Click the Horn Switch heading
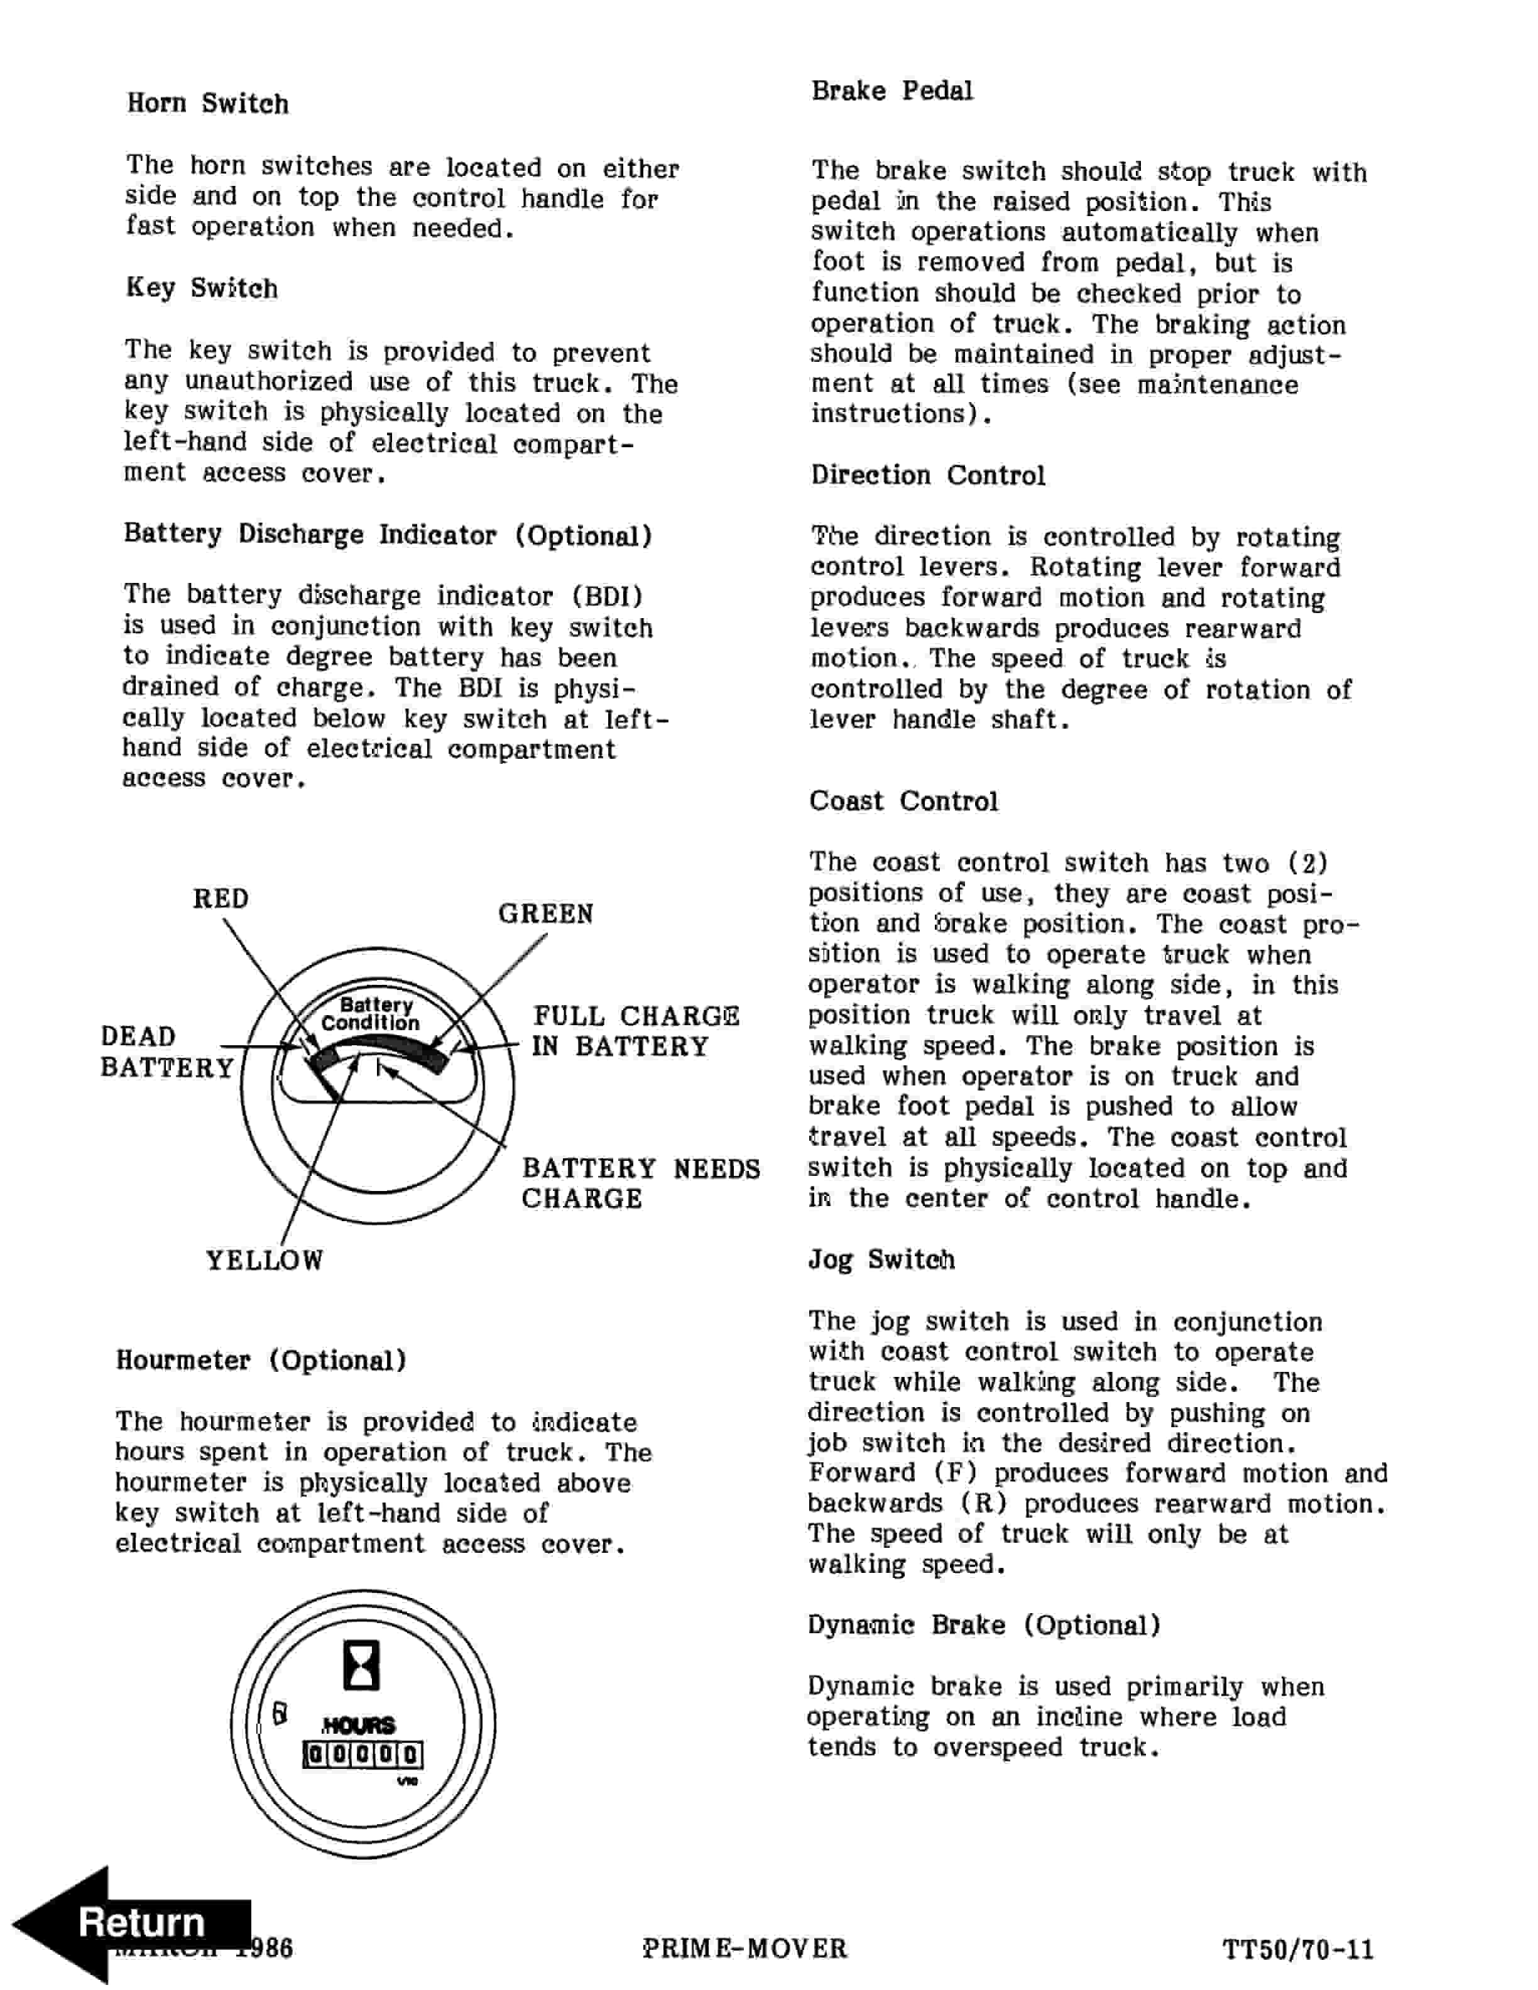point(208,104)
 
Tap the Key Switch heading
point(202,289)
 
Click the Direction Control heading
point(927,476)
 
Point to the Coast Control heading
point(903,802)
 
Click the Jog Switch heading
point(881,1260)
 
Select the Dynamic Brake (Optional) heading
point(983,1626)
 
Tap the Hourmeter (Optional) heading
point(261,1361)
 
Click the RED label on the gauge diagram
point(221,900)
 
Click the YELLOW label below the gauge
point(265,1261)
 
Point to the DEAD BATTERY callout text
point(166,1052)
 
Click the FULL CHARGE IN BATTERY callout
point(635,1031)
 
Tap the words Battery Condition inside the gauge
point(372,1014)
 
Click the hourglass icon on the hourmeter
point(361,1666)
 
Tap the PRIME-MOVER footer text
point(744,1949)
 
